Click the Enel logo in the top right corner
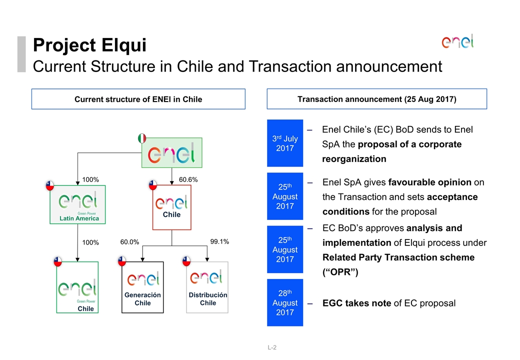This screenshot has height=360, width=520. (x=457, y=41)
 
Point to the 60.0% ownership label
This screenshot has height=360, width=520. (x=130, y=242)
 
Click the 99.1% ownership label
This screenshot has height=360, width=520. (x=219, y=242)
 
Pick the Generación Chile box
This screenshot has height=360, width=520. (x=142, y=287)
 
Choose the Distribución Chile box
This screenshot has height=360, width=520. (x=207, y=287)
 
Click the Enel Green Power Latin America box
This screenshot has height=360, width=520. (x=77, y=204)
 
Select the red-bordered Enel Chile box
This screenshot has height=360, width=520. (x=171, y=207)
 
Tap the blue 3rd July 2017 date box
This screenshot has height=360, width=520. (x=285, y=143)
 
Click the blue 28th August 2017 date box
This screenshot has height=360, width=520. (x=285, y=302)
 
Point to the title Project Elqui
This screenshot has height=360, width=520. (x=89, y=45)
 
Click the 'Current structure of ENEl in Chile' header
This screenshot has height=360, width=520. (x=138, y=99)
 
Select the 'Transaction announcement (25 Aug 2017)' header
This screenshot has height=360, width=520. (x=376, y=99)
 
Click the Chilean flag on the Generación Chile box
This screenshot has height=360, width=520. (x=122, y=261)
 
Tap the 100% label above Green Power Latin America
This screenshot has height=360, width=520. (x=91, y=179)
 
